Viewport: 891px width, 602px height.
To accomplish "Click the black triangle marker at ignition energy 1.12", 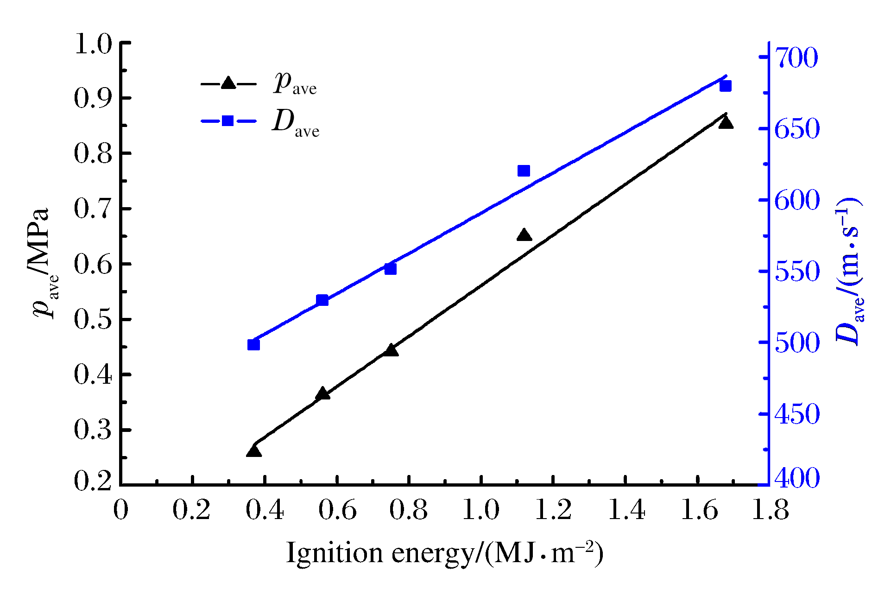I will (524, 235).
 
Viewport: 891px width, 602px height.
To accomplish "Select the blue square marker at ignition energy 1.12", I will (524, 171).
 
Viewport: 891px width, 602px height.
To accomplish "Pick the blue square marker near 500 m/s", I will (253, 345).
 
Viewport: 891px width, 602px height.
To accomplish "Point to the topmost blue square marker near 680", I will (726, 86).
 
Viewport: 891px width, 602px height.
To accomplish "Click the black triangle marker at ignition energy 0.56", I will (323, 394).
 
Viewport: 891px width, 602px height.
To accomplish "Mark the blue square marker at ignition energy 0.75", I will (391, 269).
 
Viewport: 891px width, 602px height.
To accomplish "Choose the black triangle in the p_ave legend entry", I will (228, 83).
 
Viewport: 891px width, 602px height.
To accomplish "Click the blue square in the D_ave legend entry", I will (228, 121).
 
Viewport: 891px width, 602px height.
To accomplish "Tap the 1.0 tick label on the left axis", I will (93, 44).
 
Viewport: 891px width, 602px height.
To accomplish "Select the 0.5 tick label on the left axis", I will (93, 320).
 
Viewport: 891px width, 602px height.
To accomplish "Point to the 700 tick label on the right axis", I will (796, 58).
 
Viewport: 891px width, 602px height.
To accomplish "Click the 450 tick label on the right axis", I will (796, 414).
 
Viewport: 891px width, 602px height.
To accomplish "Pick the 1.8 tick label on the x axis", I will (770, 510).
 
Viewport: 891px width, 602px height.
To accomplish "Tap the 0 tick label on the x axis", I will (121, 510).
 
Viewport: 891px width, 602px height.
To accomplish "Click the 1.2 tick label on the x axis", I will (553, 510).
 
